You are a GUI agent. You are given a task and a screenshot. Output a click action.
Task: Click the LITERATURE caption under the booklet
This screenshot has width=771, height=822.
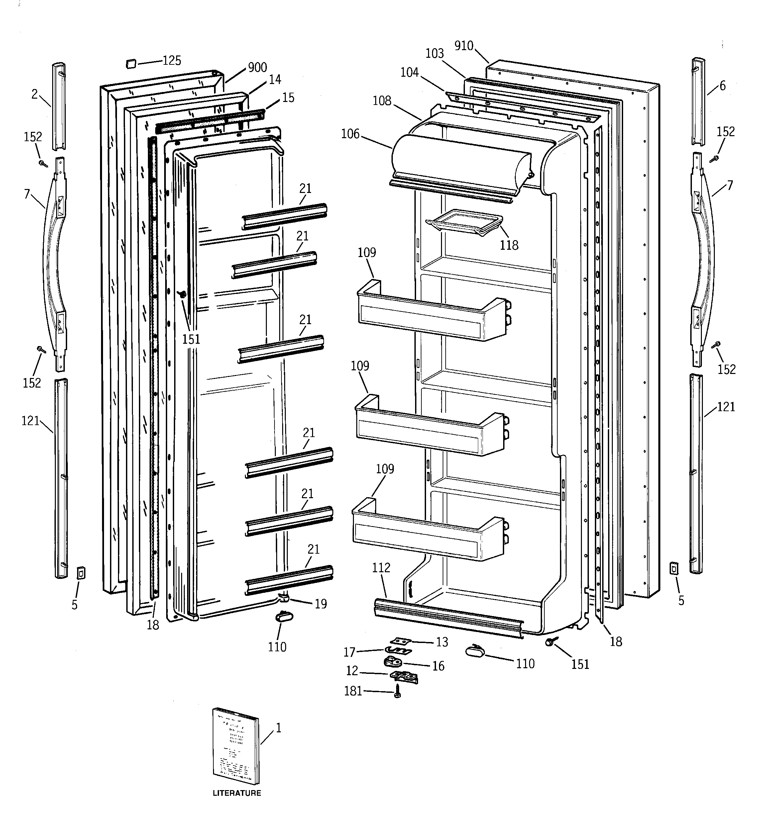point(237,793)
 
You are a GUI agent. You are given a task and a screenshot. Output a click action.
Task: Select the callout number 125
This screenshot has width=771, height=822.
point(172,61)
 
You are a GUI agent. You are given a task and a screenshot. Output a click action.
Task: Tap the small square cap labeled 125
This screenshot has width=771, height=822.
point(131,63)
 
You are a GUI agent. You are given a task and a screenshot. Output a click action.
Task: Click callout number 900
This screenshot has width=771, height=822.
point(258,67)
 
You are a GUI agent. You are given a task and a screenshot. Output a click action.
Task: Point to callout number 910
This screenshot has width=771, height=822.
point(464,46)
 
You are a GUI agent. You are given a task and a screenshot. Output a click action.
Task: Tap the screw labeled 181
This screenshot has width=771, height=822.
point(397,691)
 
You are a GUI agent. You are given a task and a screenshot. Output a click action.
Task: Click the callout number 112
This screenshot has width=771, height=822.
point(381,568)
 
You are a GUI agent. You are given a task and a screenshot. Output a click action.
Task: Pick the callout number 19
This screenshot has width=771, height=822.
point(321,604)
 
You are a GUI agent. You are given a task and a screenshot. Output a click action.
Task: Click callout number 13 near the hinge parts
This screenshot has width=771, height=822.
point(442,642)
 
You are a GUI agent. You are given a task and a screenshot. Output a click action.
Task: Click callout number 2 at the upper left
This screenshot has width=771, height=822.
point(35,94)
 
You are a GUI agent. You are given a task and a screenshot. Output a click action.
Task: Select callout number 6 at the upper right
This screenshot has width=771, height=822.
point(722,86)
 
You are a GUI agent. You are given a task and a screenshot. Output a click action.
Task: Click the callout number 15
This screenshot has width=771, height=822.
point(288,98)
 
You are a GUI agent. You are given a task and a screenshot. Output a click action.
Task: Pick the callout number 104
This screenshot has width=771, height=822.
point(409,72)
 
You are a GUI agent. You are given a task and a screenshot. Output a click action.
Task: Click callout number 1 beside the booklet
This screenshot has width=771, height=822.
point(278,728)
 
